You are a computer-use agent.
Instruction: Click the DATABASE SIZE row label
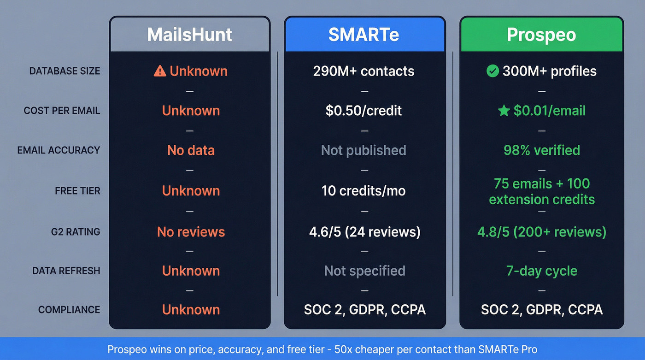(64, 71)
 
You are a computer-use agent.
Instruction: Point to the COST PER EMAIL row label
(62, 111)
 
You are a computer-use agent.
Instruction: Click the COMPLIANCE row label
(69, 310)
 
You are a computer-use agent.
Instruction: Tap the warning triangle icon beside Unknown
(159, 71)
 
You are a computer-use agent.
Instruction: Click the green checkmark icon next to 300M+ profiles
(493, 71)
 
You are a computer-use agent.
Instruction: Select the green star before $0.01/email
(504, 111)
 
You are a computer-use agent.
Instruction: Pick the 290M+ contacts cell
(364, 71)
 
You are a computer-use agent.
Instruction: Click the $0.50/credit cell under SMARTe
(364, 111)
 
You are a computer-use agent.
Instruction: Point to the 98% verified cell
(541, 150)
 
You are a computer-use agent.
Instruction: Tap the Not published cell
(364, 150)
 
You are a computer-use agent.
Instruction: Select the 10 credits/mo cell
(364, 191)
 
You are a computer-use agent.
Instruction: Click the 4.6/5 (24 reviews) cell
(364, 231)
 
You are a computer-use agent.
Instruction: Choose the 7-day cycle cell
(541, 271)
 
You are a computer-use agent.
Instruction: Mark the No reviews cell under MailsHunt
(191, 231)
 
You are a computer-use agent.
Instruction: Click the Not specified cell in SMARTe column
(364, 271)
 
